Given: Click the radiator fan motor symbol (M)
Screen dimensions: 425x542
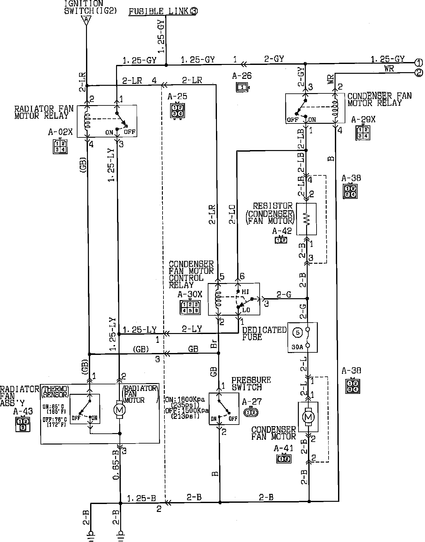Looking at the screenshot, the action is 120,409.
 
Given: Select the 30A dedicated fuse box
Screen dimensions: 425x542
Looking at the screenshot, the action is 302,337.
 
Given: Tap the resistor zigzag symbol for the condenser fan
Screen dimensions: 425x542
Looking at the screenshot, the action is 306,219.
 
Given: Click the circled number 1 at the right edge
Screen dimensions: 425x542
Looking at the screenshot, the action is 419,62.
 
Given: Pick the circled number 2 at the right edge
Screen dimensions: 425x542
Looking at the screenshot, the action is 419,73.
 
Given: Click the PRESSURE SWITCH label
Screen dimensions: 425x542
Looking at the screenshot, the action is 251,383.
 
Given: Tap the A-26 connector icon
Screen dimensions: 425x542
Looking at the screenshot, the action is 243,87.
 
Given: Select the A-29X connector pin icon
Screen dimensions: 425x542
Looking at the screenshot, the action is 362,132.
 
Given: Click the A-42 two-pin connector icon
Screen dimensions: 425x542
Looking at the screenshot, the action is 281,240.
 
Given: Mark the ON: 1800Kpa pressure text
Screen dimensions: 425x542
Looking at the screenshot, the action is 185,400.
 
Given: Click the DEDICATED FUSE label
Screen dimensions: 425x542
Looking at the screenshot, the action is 264,333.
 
